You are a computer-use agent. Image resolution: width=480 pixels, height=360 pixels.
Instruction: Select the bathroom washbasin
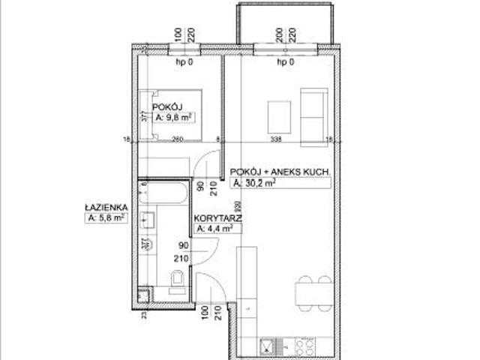(x=146, y=221)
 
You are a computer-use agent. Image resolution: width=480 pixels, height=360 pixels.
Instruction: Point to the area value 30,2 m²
(x=256, y=182)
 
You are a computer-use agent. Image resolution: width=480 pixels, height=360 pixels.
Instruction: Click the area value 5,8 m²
(x=106, y=218)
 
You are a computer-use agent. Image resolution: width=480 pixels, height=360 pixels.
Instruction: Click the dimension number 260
(x=178, y=139)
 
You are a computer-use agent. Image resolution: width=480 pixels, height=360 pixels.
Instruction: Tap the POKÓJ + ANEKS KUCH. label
(x=281, y=170)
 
